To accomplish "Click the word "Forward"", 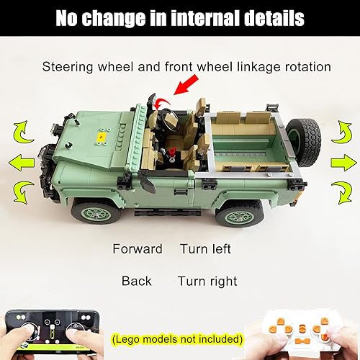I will (x=138, y=249).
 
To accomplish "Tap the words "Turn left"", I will (x=206, y=249).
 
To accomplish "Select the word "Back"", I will (x=136, y=281).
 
